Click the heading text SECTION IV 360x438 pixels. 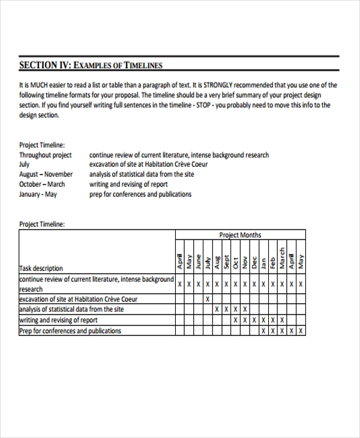coord(45,65)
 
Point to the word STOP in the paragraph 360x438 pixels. coord(201,104)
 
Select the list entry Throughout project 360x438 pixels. coord(45,155)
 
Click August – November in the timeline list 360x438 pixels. coord(46,174)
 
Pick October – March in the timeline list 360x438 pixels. coord(42,184)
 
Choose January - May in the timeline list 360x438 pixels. coord(38,194)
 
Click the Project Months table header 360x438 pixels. coord(240,235)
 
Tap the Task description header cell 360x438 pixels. coord(41,268)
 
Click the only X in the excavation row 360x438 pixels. coord(208,299)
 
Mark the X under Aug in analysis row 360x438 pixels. coord(217,310)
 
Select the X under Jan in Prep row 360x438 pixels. coord(263,331)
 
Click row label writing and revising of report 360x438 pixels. coord(58,320)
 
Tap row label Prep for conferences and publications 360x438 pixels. coord(70,331)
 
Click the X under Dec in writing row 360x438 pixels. coord(254,320)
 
